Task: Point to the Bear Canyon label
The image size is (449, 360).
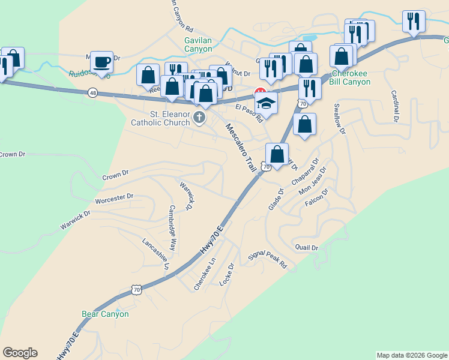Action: (x=105, y=314)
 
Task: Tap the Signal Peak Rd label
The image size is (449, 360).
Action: (x=268, y=260)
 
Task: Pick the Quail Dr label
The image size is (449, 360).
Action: (x=306, y=247)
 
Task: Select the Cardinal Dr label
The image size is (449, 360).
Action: (x=396, y=106)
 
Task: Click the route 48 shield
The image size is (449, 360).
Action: (x=92, y=93)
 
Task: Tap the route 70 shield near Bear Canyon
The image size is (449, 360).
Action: (x=136, y=290)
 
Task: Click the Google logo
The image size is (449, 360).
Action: (x=20, y=353)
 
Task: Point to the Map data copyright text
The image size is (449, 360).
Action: (x=411, y=355)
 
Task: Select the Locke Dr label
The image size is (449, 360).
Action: (x=227, y=274)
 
